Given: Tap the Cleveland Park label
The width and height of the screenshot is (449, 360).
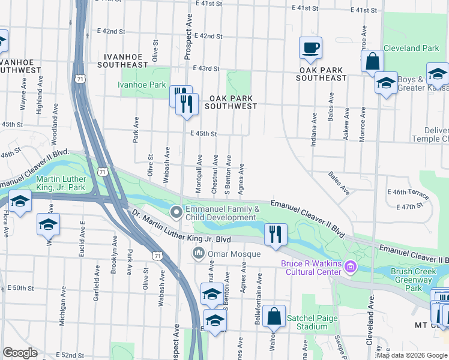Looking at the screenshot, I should (x=411, y=48).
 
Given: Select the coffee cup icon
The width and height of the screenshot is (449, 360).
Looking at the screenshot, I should (x=310, y=48).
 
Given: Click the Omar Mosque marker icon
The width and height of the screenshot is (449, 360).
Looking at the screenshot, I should (x=198, y=254).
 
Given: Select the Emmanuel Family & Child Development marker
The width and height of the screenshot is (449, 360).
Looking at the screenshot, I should (x=176, y=212).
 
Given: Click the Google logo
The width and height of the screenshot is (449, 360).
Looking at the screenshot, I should (x=20, y=353).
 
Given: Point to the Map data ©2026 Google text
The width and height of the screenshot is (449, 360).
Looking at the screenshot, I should (x=411, y=355).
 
